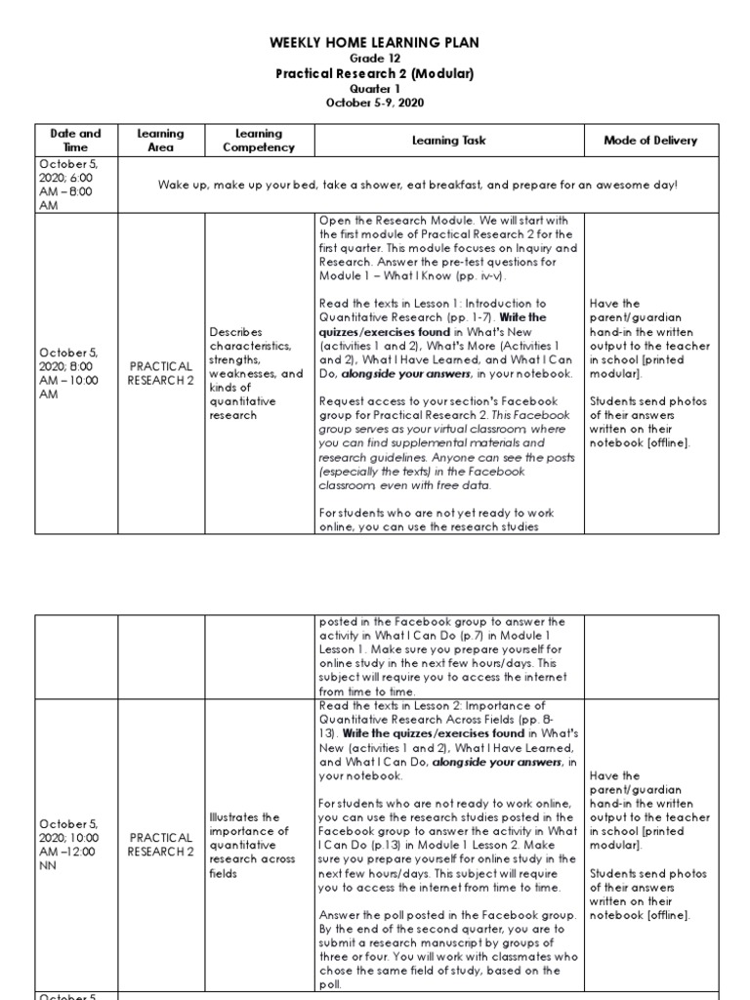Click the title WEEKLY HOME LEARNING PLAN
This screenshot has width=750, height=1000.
tap(375, 44)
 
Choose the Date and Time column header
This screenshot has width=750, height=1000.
tap(76, 140)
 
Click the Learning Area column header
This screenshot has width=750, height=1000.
tap(161, 140)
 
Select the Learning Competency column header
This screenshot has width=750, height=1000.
tap(258, 140)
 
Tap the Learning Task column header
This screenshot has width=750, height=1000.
tap(447, 141)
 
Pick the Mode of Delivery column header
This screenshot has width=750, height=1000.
tap(650, 141)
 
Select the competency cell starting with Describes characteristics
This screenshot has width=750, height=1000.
tap(258, 374)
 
